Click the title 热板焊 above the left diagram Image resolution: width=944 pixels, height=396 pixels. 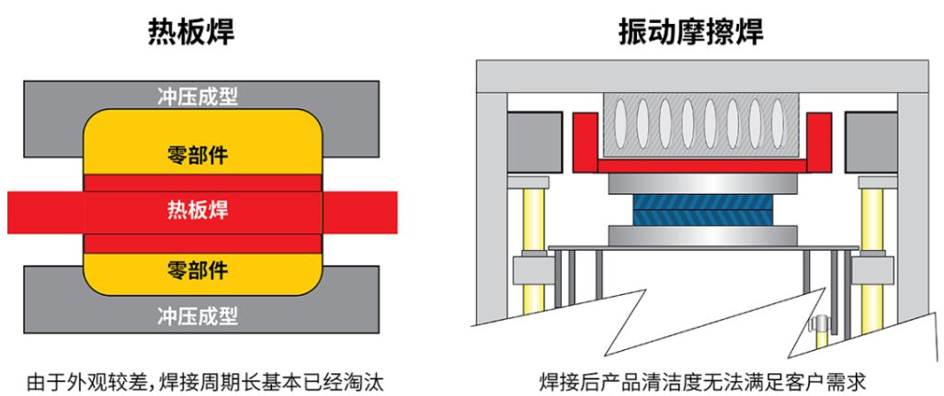191,32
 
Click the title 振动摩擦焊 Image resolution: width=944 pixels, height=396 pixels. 691,32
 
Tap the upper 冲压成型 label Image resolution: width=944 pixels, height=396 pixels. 198,96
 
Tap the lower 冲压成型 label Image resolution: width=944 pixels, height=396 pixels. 198,315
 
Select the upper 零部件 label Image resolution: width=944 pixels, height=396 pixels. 198,155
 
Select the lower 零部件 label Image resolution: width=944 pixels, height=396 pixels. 198,270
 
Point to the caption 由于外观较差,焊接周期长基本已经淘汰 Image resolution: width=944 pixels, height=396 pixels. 205,382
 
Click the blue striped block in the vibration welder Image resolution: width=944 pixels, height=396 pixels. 701,209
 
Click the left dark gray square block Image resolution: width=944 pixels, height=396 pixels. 535,142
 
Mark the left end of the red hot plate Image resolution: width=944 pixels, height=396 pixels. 8,212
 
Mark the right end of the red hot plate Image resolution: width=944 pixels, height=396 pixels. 397,212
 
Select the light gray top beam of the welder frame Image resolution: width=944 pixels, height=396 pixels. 702,76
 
